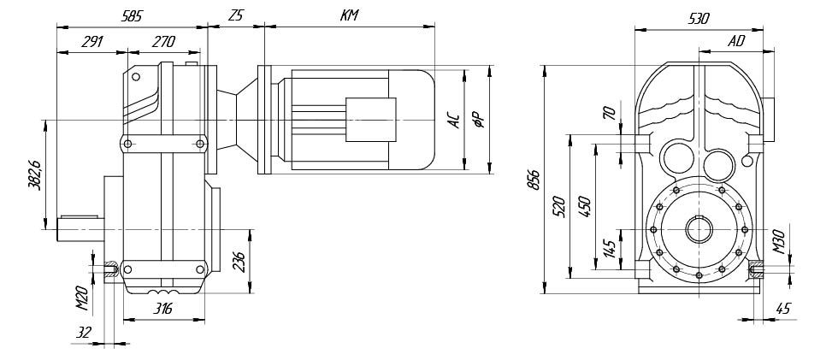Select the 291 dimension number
[x=92, y=42]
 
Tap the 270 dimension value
[x=163, y=42]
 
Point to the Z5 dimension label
[x=235, y=15]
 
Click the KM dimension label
[x=349, y=15]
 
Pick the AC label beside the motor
[x=453, y=121]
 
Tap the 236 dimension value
[x=241, y=262]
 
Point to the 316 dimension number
[x=163, y=309]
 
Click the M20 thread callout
[x=82, y=298]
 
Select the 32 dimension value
[x=84, y=333]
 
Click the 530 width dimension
[x=699, y=19]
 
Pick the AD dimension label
[x=736, y=42]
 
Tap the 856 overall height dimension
[x=534, y=180]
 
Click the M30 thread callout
[x=778, y=241]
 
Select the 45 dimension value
[x=782, y=308]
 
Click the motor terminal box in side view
[x=371, y=120]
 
